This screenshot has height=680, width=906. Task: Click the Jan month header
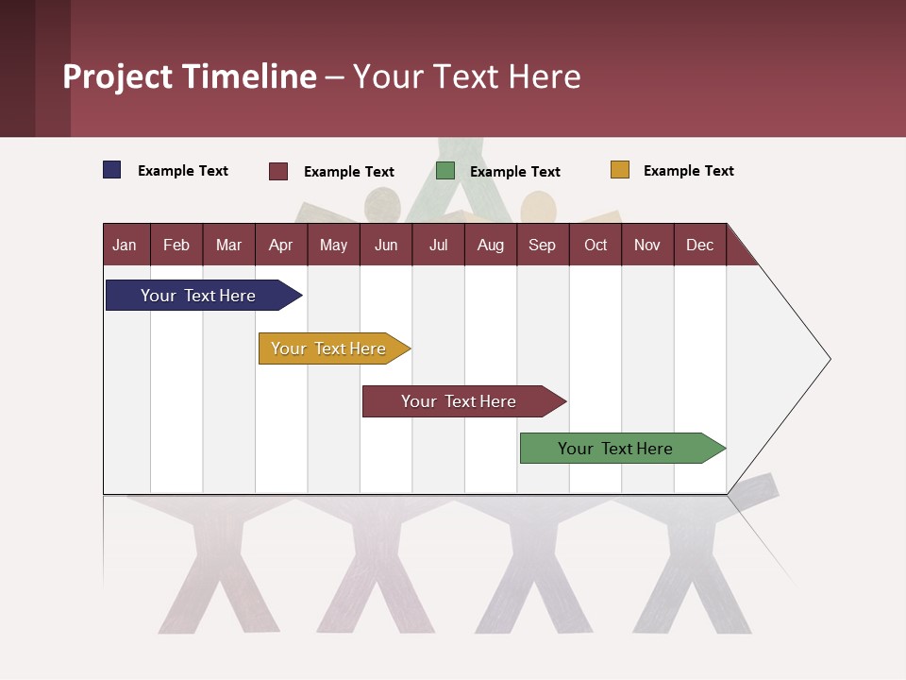pos(126,245)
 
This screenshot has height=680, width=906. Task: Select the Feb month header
pos(176,245)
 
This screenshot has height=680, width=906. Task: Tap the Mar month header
pos(228,245)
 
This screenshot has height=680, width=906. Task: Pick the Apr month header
pos(280,245)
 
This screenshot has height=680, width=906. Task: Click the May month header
pos(333,245)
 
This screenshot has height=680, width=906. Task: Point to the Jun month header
pos(386,245)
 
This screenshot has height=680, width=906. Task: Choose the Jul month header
pos(438,245)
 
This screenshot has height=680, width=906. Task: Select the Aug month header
pos(491,245)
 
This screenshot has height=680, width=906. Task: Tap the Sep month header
pos(543,245)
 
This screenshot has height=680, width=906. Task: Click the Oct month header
pos(596,245)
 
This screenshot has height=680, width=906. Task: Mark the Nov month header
pos(647,245)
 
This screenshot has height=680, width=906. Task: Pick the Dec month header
pos(699,245)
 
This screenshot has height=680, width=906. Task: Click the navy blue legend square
pos(112,170)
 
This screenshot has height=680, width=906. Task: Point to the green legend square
pos(445,171)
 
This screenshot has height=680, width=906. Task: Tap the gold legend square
pos(619,170)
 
